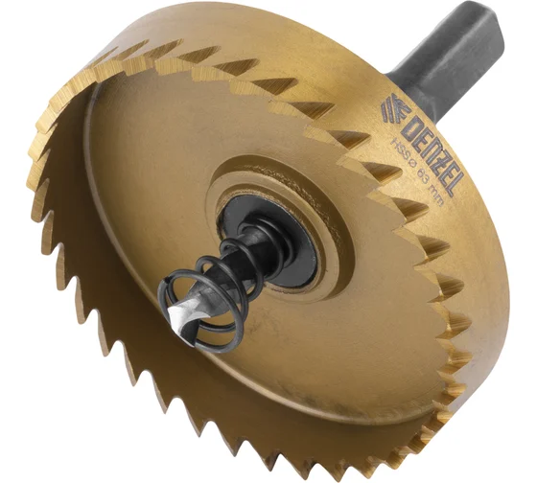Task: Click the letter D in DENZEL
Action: [x=409, y=123]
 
